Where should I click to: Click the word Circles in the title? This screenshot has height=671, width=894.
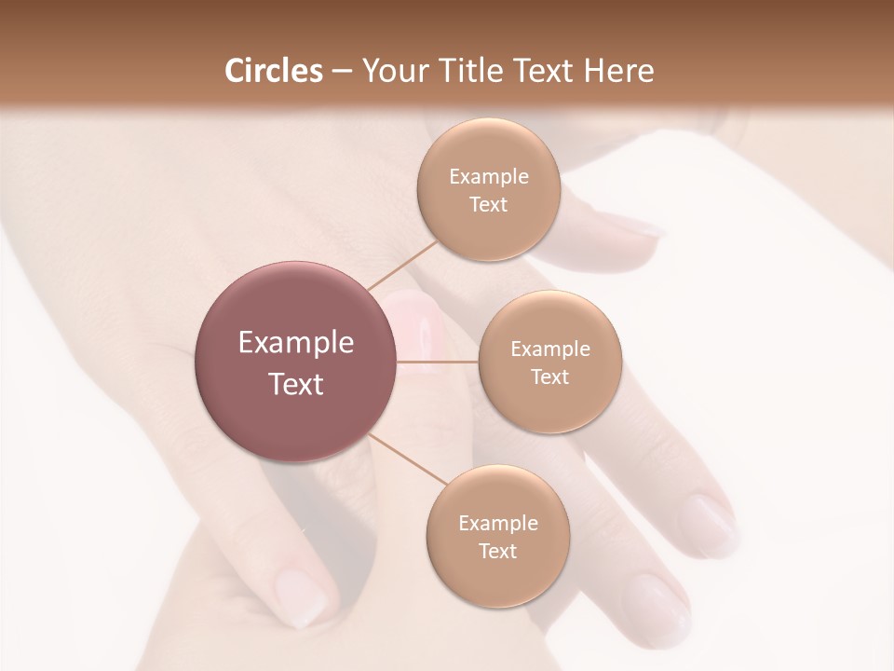(273, 71)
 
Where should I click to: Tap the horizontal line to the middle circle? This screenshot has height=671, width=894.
(438, 362)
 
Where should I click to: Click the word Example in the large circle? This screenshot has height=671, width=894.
(296, 343)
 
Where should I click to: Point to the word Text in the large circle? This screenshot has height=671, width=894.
(296, 383)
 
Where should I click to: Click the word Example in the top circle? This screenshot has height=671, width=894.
(488, 177)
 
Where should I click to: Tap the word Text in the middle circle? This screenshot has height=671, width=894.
(549, 377)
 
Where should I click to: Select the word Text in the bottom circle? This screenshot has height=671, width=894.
(497, 551)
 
